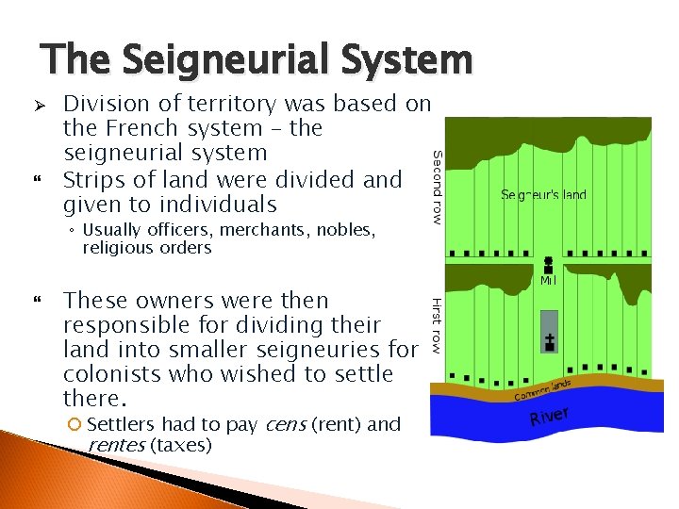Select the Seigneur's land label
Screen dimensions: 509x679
click(x=543, y=195)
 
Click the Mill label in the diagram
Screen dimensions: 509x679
click(x=547, y=281)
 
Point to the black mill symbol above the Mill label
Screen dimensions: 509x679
click(x=548, y=265)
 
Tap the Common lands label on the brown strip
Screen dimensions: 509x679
click(x=542, y=389)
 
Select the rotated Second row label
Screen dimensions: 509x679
click(x=437, y=187)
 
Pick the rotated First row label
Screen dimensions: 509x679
click(x=437, y=325)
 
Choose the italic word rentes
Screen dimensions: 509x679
click(x=115, y=445)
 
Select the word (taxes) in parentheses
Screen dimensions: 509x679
click(x=180, y=445)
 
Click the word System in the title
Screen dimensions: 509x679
click(x=413, y=60)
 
